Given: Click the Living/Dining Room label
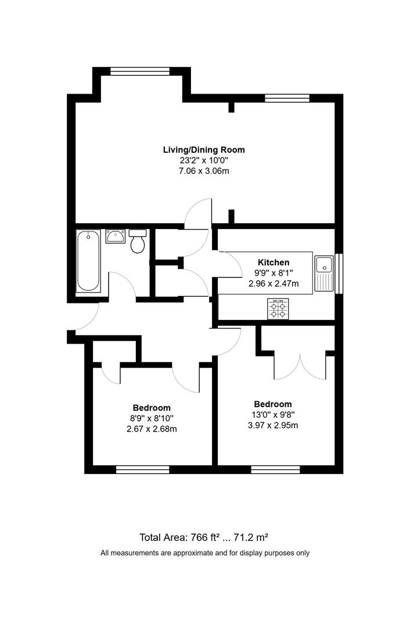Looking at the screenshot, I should [x=203, y=149].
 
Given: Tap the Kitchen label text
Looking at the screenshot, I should [x=273, y=262].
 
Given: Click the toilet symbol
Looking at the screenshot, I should [x=138, y=241].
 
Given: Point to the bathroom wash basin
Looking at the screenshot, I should [x=115, y=236].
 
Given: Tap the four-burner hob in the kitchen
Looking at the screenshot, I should [x=278, y=308].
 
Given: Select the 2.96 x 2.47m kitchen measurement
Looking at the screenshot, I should [x=273, y=284].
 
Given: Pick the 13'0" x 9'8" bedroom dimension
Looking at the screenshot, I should [x=272, y=415].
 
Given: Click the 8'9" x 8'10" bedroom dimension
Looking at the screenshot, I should [x=151, y=419].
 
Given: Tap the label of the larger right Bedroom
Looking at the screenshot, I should [x=272, y=404].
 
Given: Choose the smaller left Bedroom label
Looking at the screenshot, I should [x=151, y=408].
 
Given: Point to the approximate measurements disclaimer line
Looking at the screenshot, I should [x=205, y=553].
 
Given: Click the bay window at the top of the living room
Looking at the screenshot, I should [x=140, y=72].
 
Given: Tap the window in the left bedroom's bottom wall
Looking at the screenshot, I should [x=142, y=469].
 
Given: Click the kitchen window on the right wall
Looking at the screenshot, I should [x=341, y=273].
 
